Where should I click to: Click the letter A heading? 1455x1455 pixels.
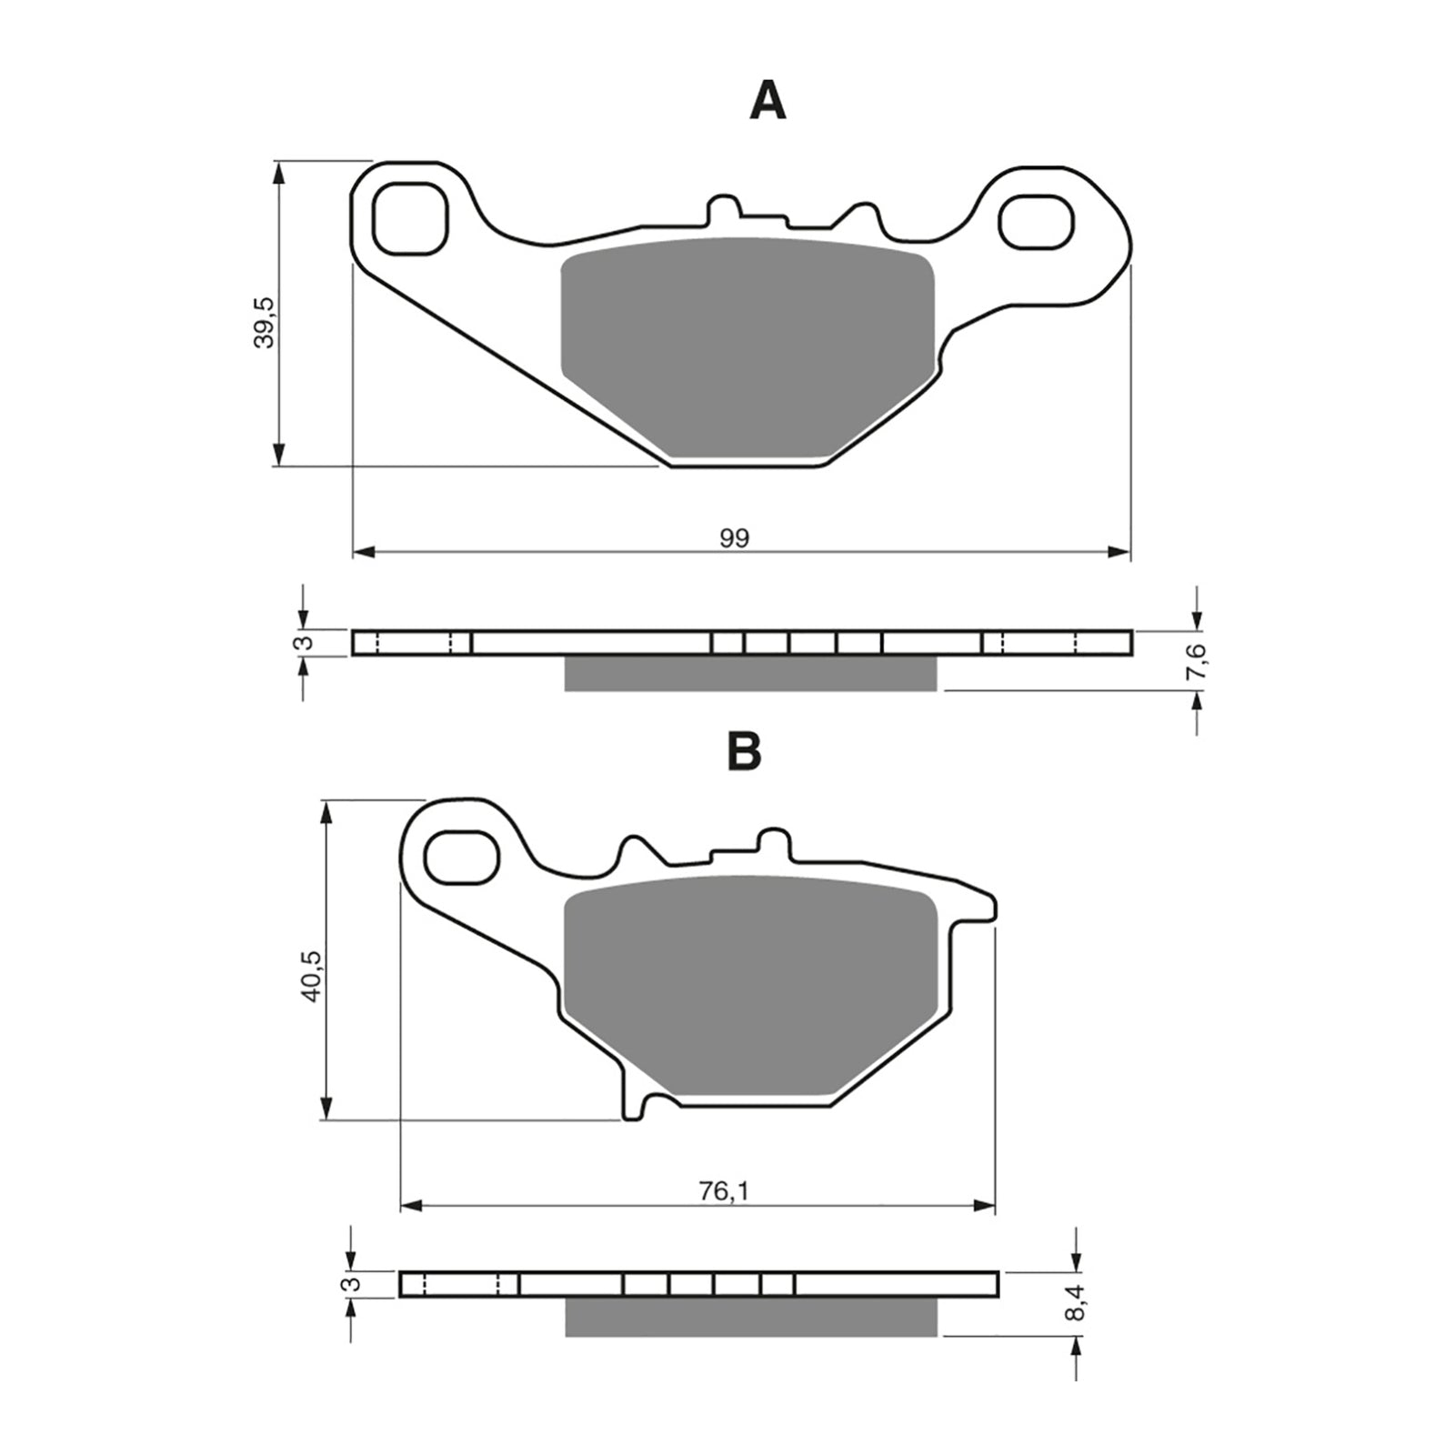767,101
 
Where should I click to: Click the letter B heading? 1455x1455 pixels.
744,751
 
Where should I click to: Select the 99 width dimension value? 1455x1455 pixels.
735,538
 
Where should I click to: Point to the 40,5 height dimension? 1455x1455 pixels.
312,976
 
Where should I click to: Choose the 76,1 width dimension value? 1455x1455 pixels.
724,1191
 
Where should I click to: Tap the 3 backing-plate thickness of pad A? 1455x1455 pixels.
306,642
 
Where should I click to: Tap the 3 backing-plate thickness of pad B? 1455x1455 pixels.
354,1284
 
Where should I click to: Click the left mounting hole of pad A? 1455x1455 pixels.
411,219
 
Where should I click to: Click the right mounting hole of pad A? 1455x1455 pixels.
1036,221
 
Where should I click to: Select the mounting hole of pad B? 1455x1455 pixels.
463,857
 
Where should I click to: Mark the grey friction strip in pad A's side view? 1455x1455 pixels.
750,673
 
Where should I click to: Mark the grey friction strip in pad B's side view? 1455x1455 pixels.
750,1316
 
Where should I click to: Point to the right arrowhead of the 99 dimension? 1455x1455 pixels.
1119,552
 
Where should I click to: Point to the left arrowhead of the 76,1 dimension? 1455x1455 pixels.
412,1206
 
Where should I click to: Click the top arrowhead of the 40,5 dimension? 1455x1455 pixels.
326,812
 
